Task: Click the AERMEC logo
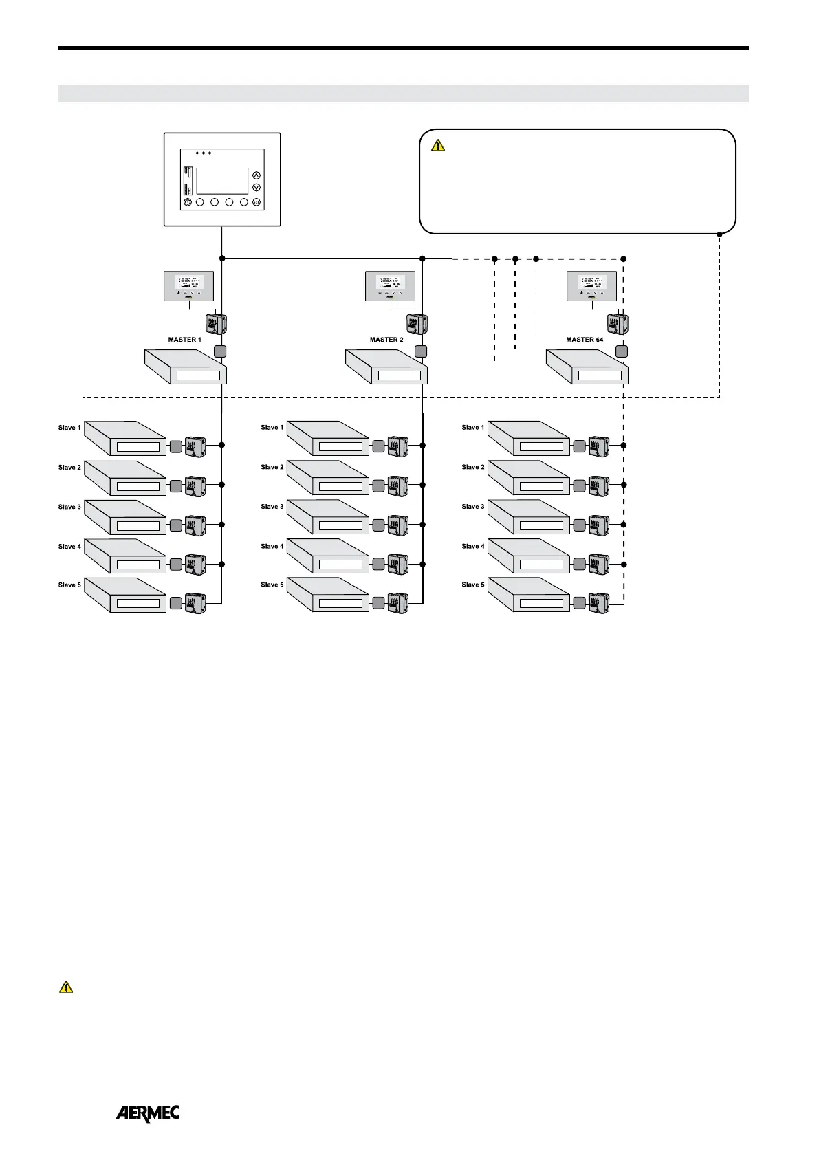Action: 147,1113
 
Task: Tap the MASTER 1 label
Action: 185,340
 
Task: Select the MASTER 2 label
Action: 386,340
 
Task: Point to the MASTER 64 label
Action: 585,340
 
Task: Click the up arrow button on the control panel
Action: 256,175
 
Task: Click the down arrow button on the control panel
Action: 256,187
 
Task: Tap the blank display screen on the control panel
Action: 222,181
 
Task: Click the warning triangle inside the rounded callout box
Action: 438,145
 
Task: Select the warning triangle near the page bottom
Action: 65,987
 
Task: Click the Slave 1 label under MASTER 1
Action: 69,428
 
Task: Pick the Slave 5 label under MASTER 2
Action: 272,585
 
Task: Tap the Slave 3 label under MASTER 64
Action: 473,507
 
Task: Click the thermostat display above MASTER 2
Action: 390,285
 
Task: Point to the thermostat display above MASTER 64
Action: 591,285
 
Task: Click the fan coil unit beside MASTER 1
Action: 186,367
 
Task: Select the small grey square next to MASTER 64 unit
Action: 621,351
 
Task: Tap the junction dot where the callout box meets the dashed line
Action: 719,234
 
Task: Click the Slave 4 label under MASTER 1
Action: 69,547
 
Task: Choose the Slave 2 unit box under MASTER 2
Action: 328,478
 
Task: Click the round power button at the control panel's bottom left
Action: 188,202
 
